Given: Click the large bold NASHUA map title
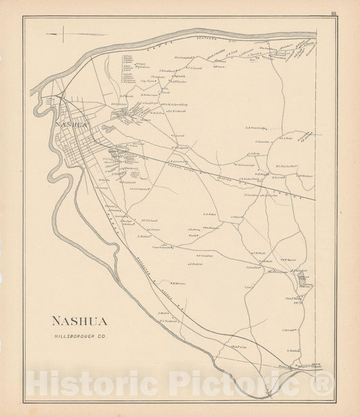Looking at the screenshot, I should (x=79, y=321).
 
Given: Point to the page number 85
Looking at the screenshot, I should (x=333, y=13).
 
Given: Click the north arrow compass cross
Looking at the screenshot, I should (x=63, y=34).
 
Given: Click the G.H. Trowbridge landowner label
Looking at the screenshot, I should (x=257, y=126).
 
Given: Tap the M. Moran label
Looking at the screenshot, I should (x=179, y=283).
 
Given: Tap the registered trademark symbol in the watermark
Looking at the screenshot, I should (x=322, y=383).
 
